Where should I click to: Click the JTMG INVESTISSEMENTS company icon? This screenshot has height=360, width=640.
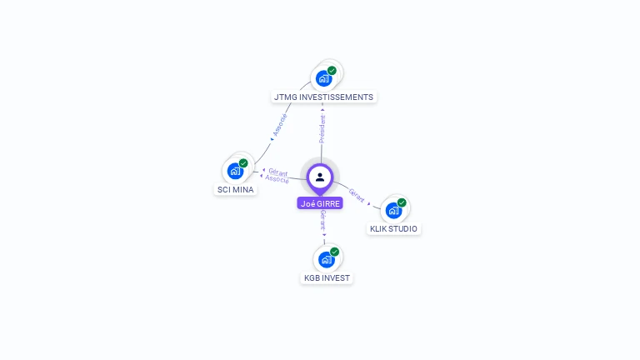tap(322, 79)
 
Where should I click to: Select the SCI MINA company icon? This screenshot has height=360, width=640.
tap(234, 171)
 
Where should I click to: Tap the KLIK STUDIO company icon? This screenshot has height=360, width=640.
tap(392, 210)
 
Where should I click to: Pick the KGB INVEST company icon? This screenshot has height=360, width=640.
tap(325, 259)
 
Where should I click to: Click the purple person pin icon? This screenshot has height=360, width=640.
tap(320, 177)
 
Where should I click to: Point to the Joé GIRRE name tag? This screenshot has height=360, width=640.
tap(320, 203)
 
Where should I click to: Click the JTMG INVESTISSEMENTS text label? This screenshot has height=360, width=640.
tap(323, 97)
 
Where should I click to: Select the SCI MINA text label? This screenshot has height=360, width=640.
tap(236, 189)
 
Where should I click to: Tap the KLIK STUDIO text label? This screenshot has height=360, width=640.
tap(393, 228)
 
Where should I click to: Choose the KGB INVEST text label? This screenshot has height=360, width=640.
tap(327, 277)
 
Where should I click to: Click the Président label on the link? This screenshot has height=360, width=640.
tap(322, 129)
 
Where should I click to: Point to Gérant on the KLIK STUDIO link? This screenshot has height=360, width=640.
tap(357, 195)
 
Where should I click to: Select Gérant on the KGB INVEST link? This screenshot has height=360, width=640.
tap(322, 222)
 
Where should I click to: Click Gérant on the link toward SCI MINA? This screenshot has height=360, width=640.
tap(278, 172)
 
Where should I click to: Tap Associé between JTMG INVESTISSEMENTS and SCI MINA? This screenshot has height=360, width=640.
tap(280, 125)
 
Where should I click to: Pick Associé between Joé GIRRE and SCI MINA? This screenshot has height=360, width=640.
tap(277, 179)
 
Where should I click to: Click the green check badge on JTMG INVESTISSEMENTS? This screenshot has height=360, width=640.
tap(332, 71)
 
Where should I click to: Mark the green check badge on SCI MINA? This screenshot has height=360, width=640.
tap(243, 163)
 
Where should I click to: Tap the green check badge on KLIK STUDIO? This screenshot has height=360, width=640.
tap(402, 202)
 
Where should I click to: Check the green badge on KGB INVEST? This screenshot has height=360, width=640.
tap(334, 252)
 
